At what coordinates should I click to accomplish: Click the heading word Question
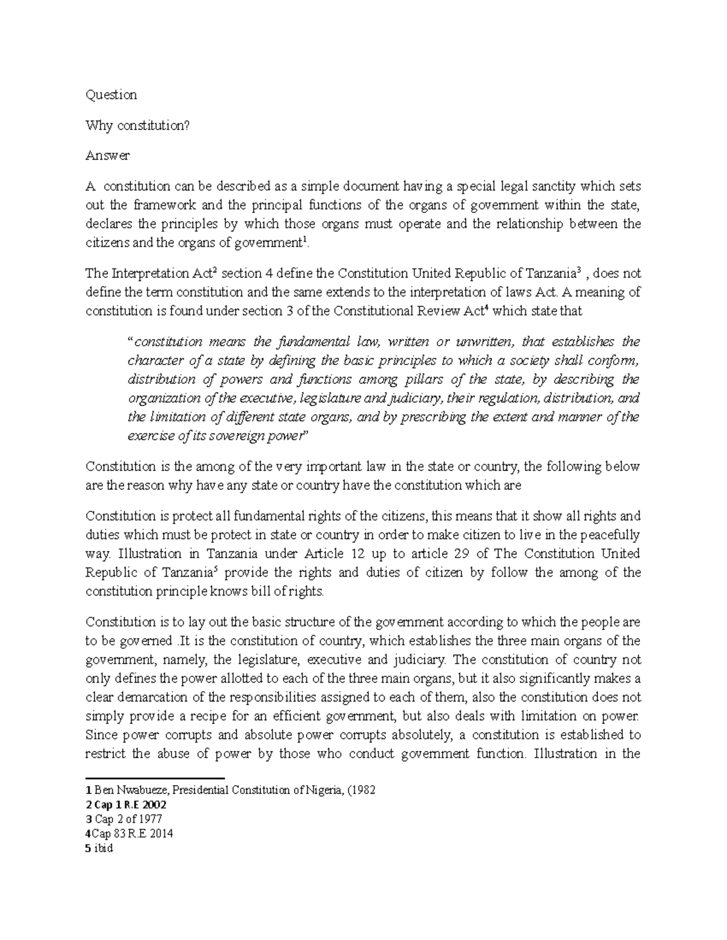[111, 94]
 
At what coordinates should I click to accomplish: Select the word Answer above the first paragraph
[108, 156]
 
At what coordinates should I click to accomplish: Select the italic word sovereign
[238, 436]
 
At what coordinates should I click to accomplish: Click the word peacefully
[611, 535]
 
